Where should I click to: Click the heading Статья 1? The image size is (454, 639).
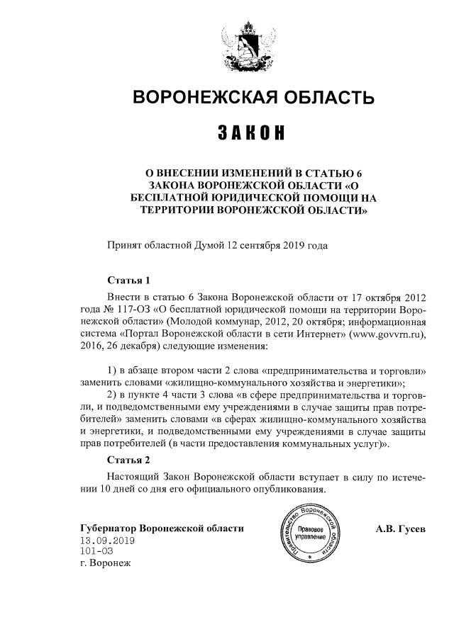(x=128, y=280)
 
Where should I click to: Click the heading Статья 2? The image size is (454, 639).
(x=128, y=460)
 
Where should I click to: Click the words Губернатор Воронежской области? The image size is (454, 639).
(x=162, y=528)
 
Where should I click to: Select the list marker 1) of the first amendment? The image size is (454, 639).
(x=111, y=371)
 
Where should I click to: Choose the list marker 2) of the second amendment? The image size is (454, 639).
(x=111, y=394)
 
